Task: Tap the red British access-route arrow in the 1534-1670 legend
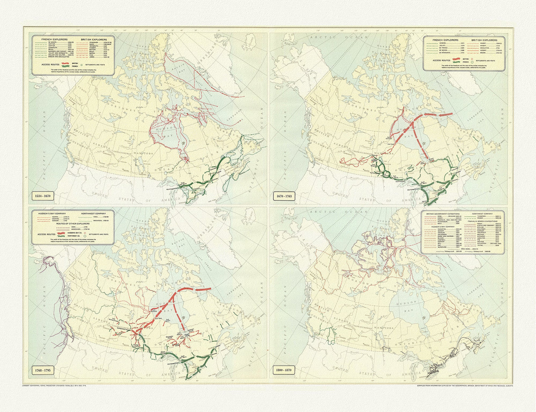click(x=67, y=63)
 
